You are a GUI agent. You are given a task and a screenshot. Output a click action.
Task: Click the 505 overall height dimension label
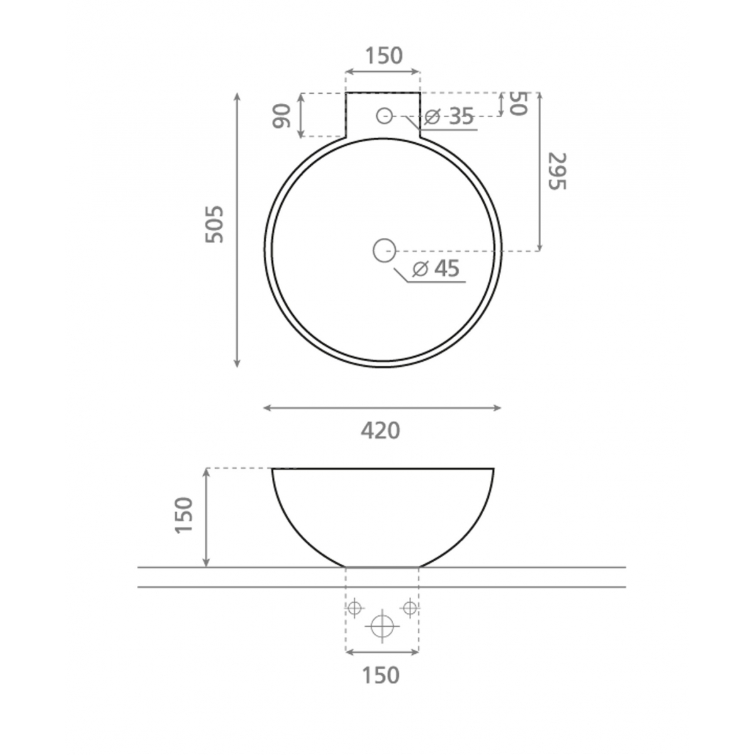click(215, 224)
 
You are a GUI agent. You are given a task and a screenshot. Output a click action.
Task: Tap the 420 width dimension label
click(381, 431)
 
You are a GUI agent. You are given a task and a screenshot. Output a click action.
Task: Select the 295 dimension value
click(557, 171)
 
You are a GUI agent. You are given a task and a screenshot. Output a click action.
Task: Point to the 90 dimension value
click(282, 116)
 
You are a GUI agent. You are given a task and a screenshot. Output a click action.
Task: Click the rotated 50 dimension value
click(517, 103)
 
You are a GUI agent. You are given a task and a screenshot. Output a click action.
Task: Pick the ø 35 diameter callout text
click(449, 116)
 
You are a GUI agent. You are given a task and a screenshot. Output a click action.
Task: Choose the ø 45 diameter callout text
click(436, 269)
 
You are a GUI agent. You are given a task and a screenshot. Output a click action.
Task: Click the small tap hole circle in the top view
click(384, 115)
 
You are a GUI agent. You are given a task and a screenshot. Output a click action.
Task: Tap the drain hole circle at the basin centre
click(383, 250)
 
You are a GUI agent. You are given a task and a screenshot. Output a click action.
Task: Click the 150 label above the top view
click(383, 56)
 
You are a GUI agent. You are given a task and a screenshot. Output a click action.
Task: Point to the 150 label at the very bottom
click(381, 675)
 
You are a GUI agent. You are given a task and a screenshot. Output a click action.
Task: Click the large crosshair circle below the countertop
click(382, 626)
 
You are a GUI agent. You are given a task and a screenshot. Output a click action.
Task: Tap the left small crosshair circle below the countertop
click(354, 608)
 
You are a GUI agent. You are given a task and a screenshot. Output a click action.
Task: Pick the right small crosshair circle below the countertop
click(410, 608)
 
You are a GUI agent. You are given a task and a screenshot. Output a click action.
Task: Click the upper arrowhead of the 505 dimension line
click(237, 96)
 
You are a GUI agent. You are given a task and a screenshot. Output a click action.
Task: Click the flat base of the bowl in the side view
click(382, 566)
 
